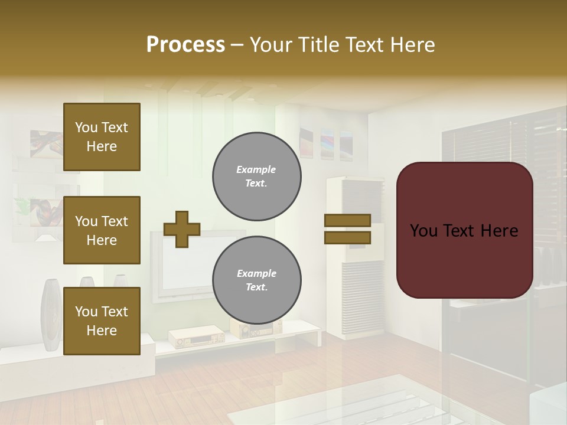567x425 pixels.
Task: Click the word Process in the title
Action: tap(185, 45)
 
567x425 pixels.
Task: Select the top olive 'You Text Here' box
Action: tap(102, 137)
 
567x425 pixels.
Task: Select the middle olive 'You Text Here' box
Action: tap(102, 230)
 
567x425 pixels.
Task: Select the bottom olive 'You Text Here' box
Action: tap(102, 321)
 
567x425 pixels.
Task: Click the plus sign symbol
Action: tap(182, 229)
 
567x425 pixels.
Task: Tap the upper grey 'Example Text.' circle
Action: tap(257, 176)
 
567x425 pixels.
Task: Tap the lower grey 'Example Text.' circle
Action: tap(257, 280)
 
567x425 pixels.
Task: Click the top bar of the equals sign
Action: tap(347, 220)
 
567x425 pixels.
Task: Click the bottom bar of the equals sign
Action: tap(347, 238)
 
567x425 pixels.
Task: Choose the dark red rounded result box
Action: tap(464, 230)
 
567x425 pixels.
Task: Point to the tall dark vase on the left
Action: tap(50, 316)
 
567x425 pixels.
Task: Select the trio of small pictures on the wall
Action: tap(327, 143)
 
